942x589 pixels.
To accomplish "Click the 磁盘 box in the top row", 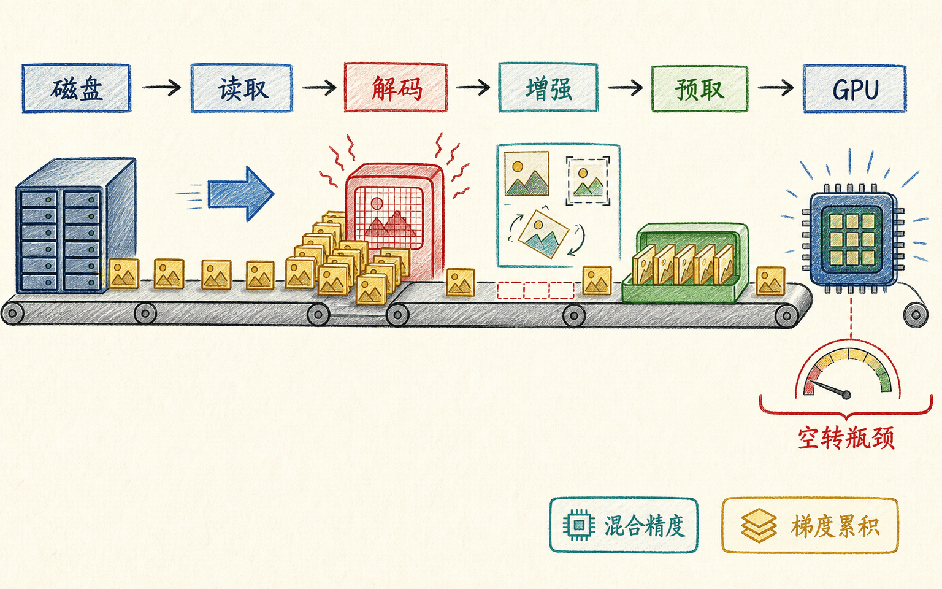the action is (76, 88).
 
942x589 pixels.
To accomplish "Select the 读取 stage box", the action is (242, 88).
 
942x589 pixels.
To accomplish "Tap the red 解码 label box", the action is (396, 88).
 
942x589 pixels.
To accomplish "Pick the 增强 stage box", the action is (548, 88).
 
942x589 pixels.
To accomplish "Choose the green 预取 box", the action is (699, 89).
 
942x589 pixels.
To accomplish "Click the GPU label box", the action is (854, 89).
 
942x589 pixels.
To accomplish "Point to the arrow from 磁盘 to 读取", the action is (161, 88).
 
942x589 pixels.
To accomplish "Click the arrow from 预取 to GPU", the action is (775, 88).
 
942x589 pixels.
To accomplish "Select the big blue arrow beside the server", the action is (241, 194).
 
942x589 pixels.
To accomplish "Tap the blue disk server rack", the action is (75, 226).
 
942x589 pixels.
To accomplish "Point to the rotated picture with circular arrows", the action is (543, 234).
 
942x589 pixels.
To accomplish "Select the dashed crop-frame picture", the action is (588, 181).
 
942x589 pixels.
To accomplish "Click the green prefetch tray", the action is (686, 263).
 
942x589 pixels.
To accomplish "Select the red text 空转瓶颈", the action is (846, 438).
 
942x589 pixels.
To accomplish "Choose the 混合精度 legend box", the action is (624, 525).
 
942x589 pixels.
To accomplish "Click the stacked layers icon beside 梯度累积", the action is (758, 525).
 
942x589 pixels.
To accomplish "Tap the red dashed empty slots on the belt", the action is (535, 290).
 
